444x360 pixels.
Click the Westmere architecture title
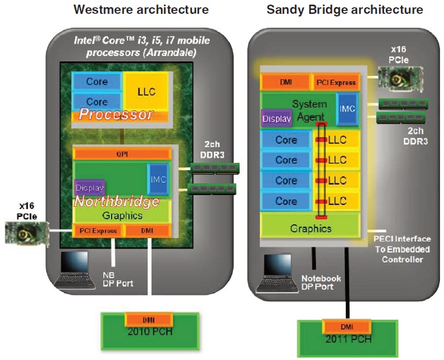pyautogui.click(x=141, y=10)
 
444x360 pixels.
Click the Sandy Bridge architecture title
pyautogui.click(x=344, y=10)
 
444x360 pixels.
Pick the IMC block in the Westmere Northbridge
pyautogui.click(x=157, y=180)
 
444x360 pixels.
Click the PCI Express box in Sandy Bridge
pyautogui.click(x=334, y=82)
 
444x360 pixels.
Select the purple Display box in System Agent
pyautogui.click(x=276, y=119)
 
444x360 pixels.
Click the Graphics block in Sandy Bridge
pyautogui.click(x=311, y=228)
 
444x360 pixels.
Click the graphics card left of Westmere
pyautogui.click(x=24, y=233)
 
